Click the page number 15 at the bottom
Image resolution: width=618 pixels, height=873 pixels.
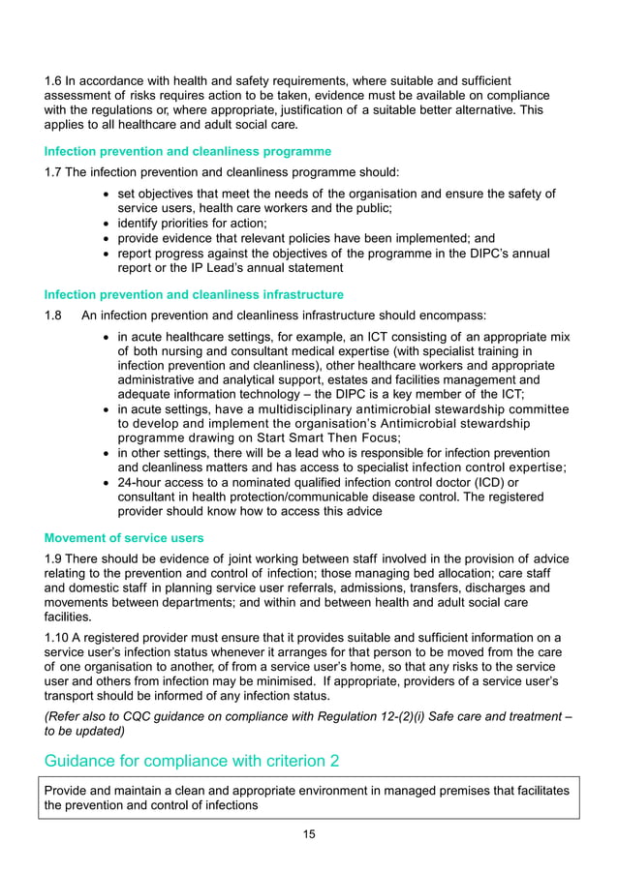pos(309,834)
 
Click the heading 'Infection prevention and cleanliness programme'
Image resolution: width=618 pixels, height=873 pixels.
pos(188,151)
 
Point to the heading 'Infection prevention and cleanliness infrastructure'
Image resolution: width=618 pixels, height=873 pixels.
pos(194,294)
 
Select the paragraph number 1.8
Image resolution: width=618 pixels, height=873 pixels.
pos(55,315)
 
